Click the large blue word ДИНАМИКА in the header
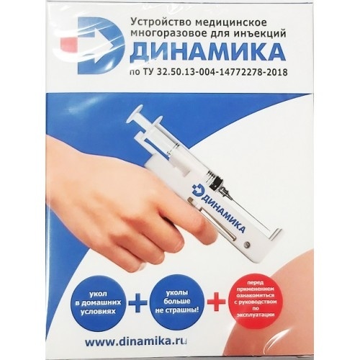click(207, 52)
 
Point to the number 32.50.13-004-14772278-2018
click(222, 71)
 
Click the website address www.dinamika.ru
click(136, 341)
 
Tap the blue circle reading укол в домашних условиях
click(99, 303)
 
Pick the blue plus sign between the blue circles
click(138, 302)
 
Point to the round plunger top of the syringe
click(131, 121)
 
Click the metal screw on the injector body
click(246, 245)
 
